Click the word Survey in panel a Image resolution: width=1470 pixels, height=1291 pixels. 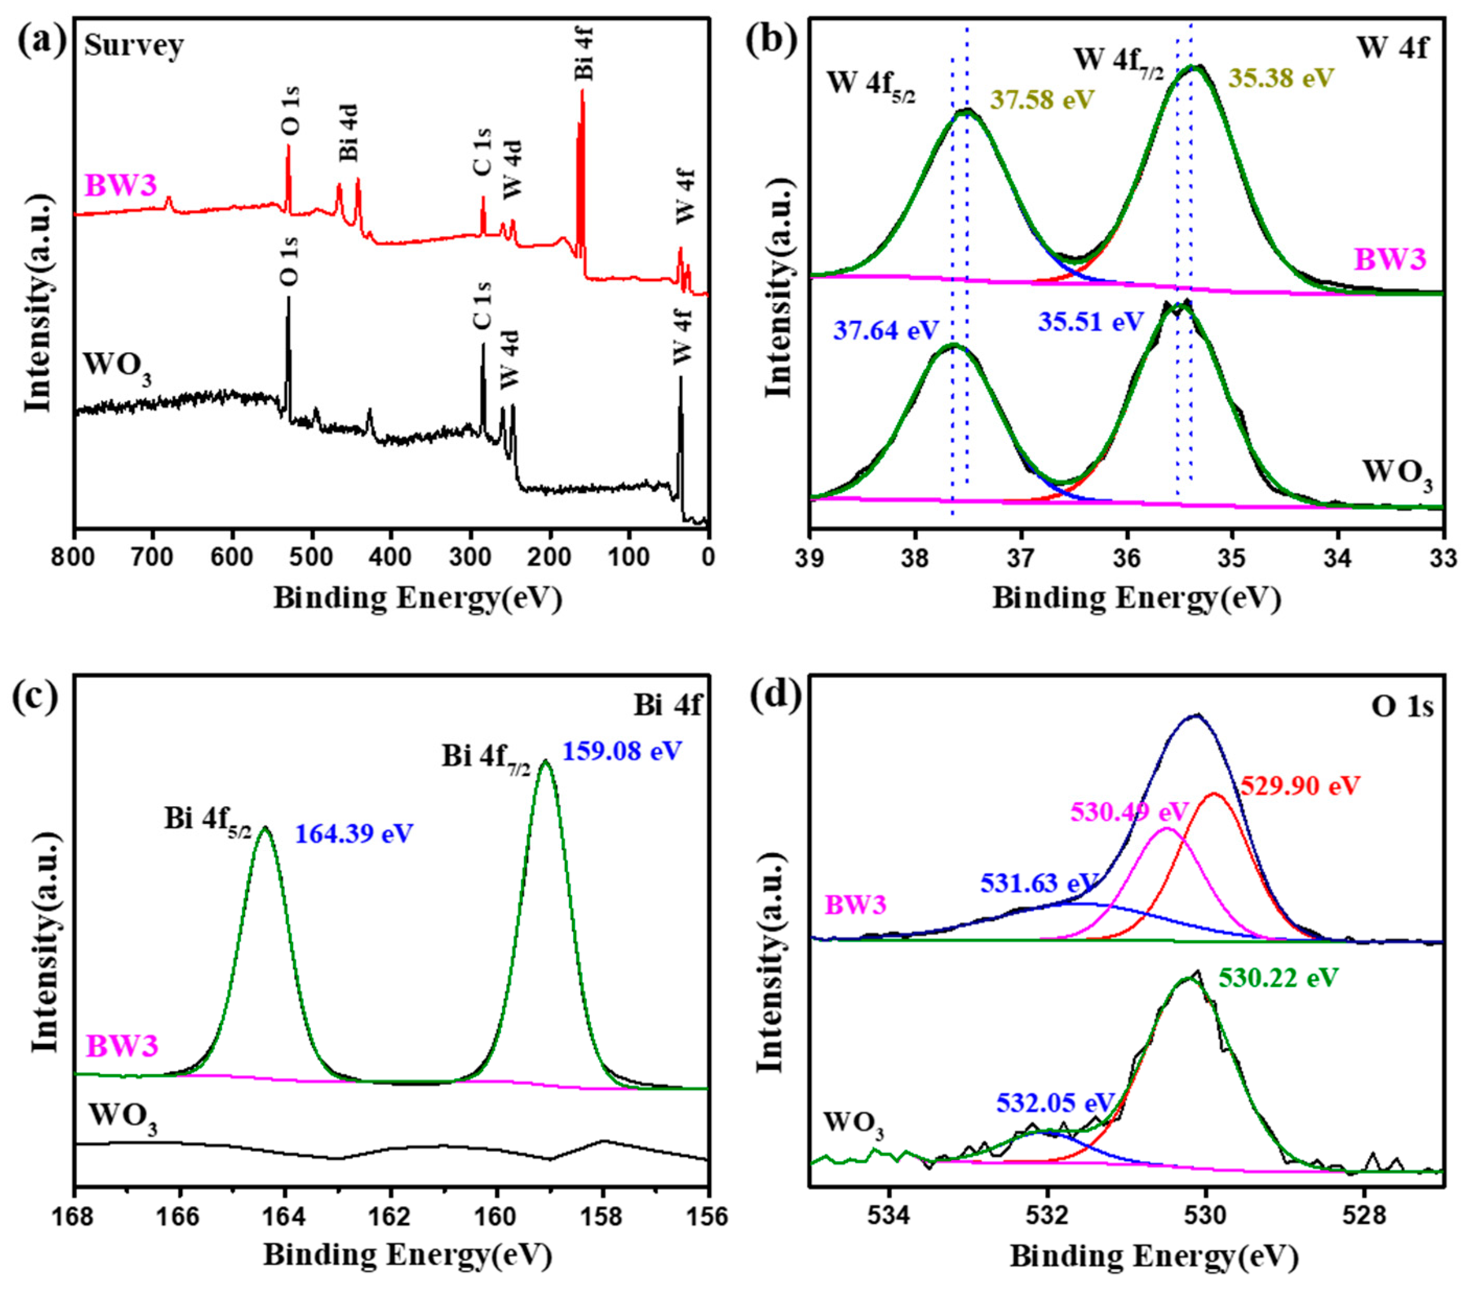pyautogui.click(x=134, y=46)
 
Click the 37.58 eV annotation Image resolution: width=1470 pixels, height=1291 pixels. pyautogui.click(x=1042, y=99)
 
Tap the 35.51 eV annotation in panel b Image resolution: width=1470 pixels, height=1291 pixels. pyautogui.click(x=1090, y=321)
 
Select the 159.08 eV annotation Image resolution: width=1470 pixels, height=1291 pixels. pyautogui.click(x=621, y=752)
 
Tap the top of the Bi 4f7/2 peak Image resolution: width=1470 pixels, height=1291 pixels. pyautogui.click(x=545, y=762)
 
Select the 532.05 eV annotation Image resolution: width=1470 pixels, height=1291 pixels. pyautogui.click(x=1055, y=1102)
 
